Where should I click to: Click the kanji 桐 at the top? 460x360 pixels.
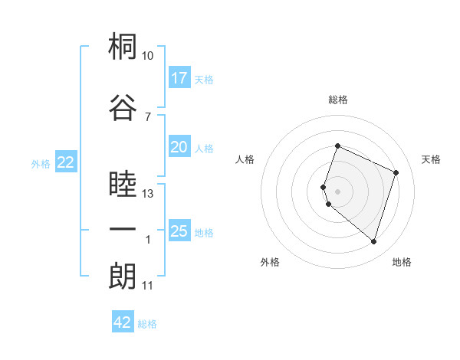pos(123,46)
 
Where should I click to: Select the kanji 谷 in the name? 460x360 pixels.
pos(123,107)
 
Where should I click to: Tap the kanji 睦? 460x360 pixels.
pos(123,183)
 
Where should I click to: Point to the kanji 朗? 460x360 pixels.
pos(123,276)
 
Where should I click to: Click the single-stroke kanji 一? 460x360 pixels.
pos(123,229)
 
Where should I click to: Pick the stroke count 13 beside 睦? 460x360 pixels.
pos(147,194)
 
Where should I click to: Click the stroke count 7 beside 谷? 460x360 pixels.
pos(148,117)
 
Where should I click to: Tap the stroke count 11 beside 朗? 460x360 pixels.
pos(147,286)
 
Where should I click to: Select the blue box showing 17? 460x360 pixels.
pos(179,77)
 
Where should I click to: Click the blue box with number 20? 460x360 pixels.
pos(179,146)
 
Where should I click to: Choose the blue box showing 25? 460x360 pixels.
pos(179,230)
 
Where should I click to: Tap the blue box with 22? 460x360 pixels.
pos(66,162)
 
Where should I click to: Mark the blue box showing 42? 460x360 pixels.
pos(123,321)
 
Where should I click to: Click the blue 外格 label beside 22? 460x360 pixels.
pos(41,164)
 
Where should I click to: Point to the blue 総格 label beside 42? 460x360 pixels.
pos(147,324)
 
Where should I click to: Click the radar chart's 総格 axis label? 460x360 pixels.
pos(338,100)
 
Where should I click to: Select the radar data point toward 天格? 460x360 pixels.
pos(396,172)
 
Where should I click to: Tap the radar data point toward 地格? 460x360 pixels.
pos(373,242)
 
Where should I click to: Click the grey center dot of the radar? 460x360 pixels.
pos(337,191)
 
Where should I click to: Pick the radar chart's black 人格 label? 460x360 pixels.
pos(245,159)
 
